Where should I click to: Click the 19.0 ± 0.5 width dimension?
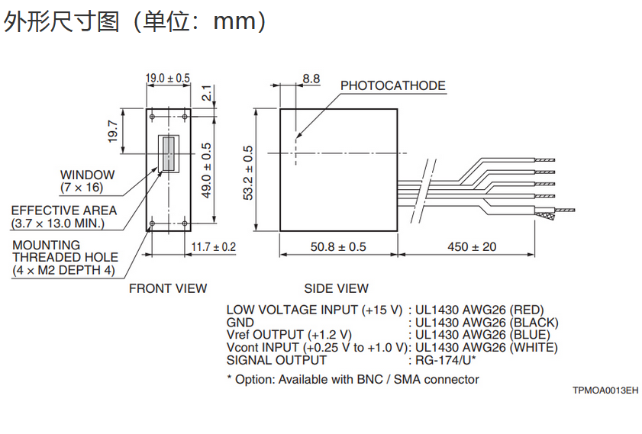click(168, 78)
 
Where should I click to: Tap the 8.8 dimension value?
click(311, 79)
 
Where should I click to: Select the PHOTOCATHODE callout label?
click(392, 86)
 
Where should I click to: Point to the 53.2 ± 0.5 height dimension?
click(248, 172)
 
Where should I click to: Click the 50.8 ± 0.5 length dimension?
click(338, 246)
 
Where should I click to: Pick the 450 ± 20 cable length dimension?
click(472, 246)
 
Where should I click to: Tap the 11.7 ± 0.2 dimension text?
click(213, 246)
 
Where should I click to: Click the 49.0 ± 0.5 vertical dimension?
click(207, 171)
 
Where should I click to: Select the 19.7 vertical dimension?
click(112, 131)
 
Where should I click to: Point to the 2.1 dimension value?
click(207, 93)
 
